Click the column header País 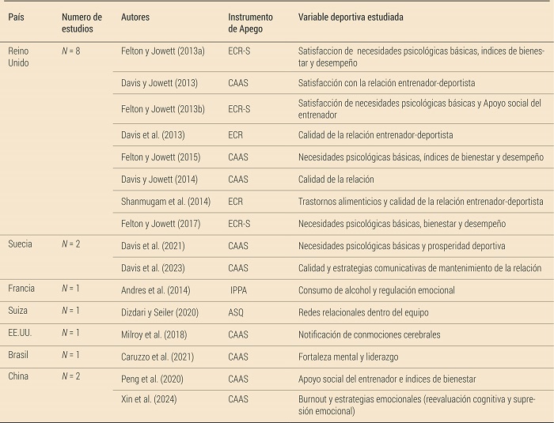[x=17, y=17]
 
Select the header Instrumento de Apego [x=250, y=23]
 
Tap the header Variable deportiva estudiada [x=356, y=17]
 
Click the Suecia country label [x=20, y=245]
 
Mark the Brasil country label [x=18, y=355]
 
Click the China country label [x=18, y=376]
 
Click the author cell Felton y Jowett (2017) [x=161, y=224]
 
